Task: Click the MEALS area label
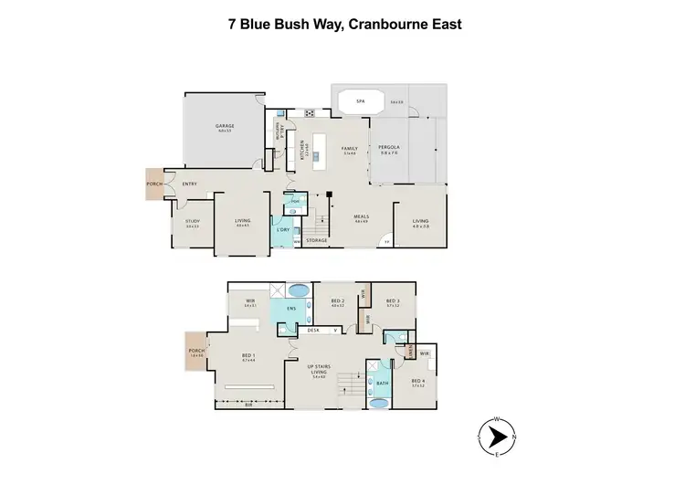click(x=361, y=216)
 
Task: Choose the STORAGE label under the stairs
click(x=316, y=240)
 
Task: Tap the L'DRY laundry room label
click(x=282, y=229)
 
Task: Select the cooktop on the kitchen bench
click(x=309, y=113)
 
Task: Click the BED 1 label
click(x=248, y=357)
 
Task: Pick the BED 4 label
click(x=418, y=381)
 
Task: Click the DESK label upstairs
click(x=312, y=329)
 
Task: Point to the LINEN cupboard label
click(x=412, y=351)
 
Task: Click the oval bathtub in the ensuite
click(x=298, y=292)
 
